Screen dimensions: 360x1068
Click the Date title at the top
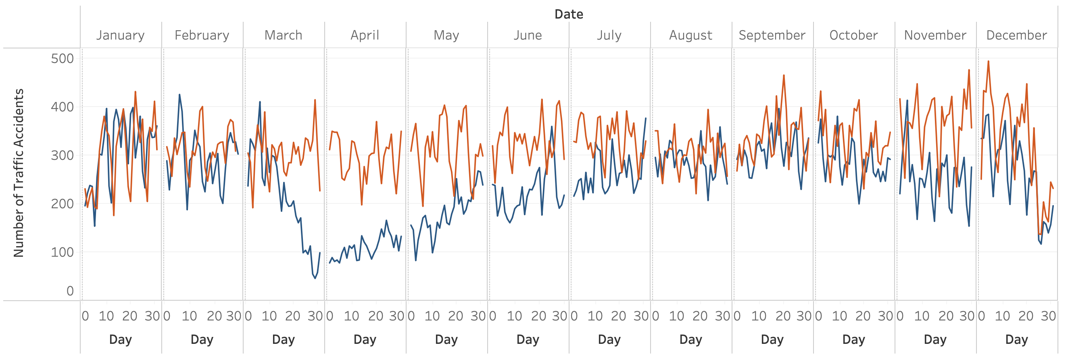568,14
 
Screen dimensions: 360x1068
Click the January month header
120,35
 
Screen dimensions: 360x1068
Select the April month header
365,35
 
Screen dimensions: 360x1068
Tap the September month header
772,35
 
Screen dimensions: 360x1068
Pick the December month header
1016,35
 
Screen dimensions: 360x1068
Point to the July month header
609,35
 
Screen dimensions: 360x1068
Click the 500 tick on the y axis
62,59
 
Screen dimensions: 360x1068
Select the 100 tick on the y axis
62,252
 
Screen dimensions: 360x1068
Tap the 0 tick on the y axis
70,291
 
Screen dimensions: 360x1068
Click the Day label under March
283,340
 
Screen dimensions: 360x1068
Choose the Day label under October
853,340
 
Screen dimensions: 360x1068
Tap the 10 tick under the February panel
189,316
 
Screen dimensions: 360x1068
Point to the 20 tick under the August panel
700,316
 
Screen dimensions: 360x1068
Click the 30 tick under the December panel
1048,316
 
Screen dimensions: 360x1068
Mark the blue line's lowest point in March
315,278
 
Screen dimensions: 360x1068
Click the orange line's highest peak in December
989,61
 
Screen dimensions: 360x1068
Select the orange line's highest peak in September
784,75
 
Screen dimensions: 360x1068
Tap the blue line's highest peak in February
179,94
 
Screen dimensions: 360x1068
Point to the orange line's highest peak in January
135,92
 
